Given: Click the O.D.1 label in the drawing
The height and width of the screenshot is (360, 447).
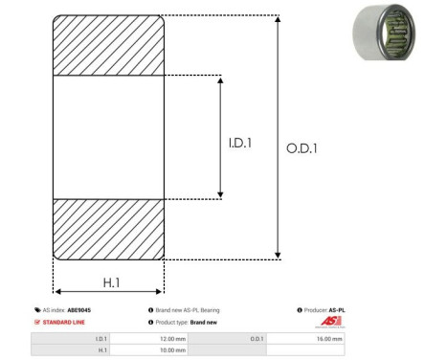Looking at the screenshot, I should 302,147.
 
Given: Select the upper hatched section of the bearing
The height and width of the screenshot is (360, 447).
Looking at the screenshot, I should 109,45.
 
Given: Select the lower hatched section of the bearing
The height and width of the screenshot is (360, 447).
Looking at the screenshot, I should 109,229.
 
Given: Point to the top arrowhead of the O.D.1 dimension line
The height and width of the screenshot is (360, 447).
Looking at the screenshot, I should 279,20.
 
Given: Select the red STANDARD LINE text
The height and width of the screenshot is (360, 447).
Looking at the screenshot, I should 66,323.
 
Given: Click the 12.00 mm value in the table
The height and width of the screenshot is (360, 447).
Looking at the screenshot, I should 172,339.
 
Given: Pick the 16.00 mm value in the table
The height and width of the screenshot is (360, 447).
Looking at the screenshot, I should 328,339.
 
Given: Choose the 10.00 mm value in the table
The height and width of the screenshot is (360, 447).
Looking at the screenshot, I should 172,350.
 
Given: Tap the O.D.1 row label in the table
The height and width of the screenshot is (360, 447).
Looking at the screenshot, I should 257,339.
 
